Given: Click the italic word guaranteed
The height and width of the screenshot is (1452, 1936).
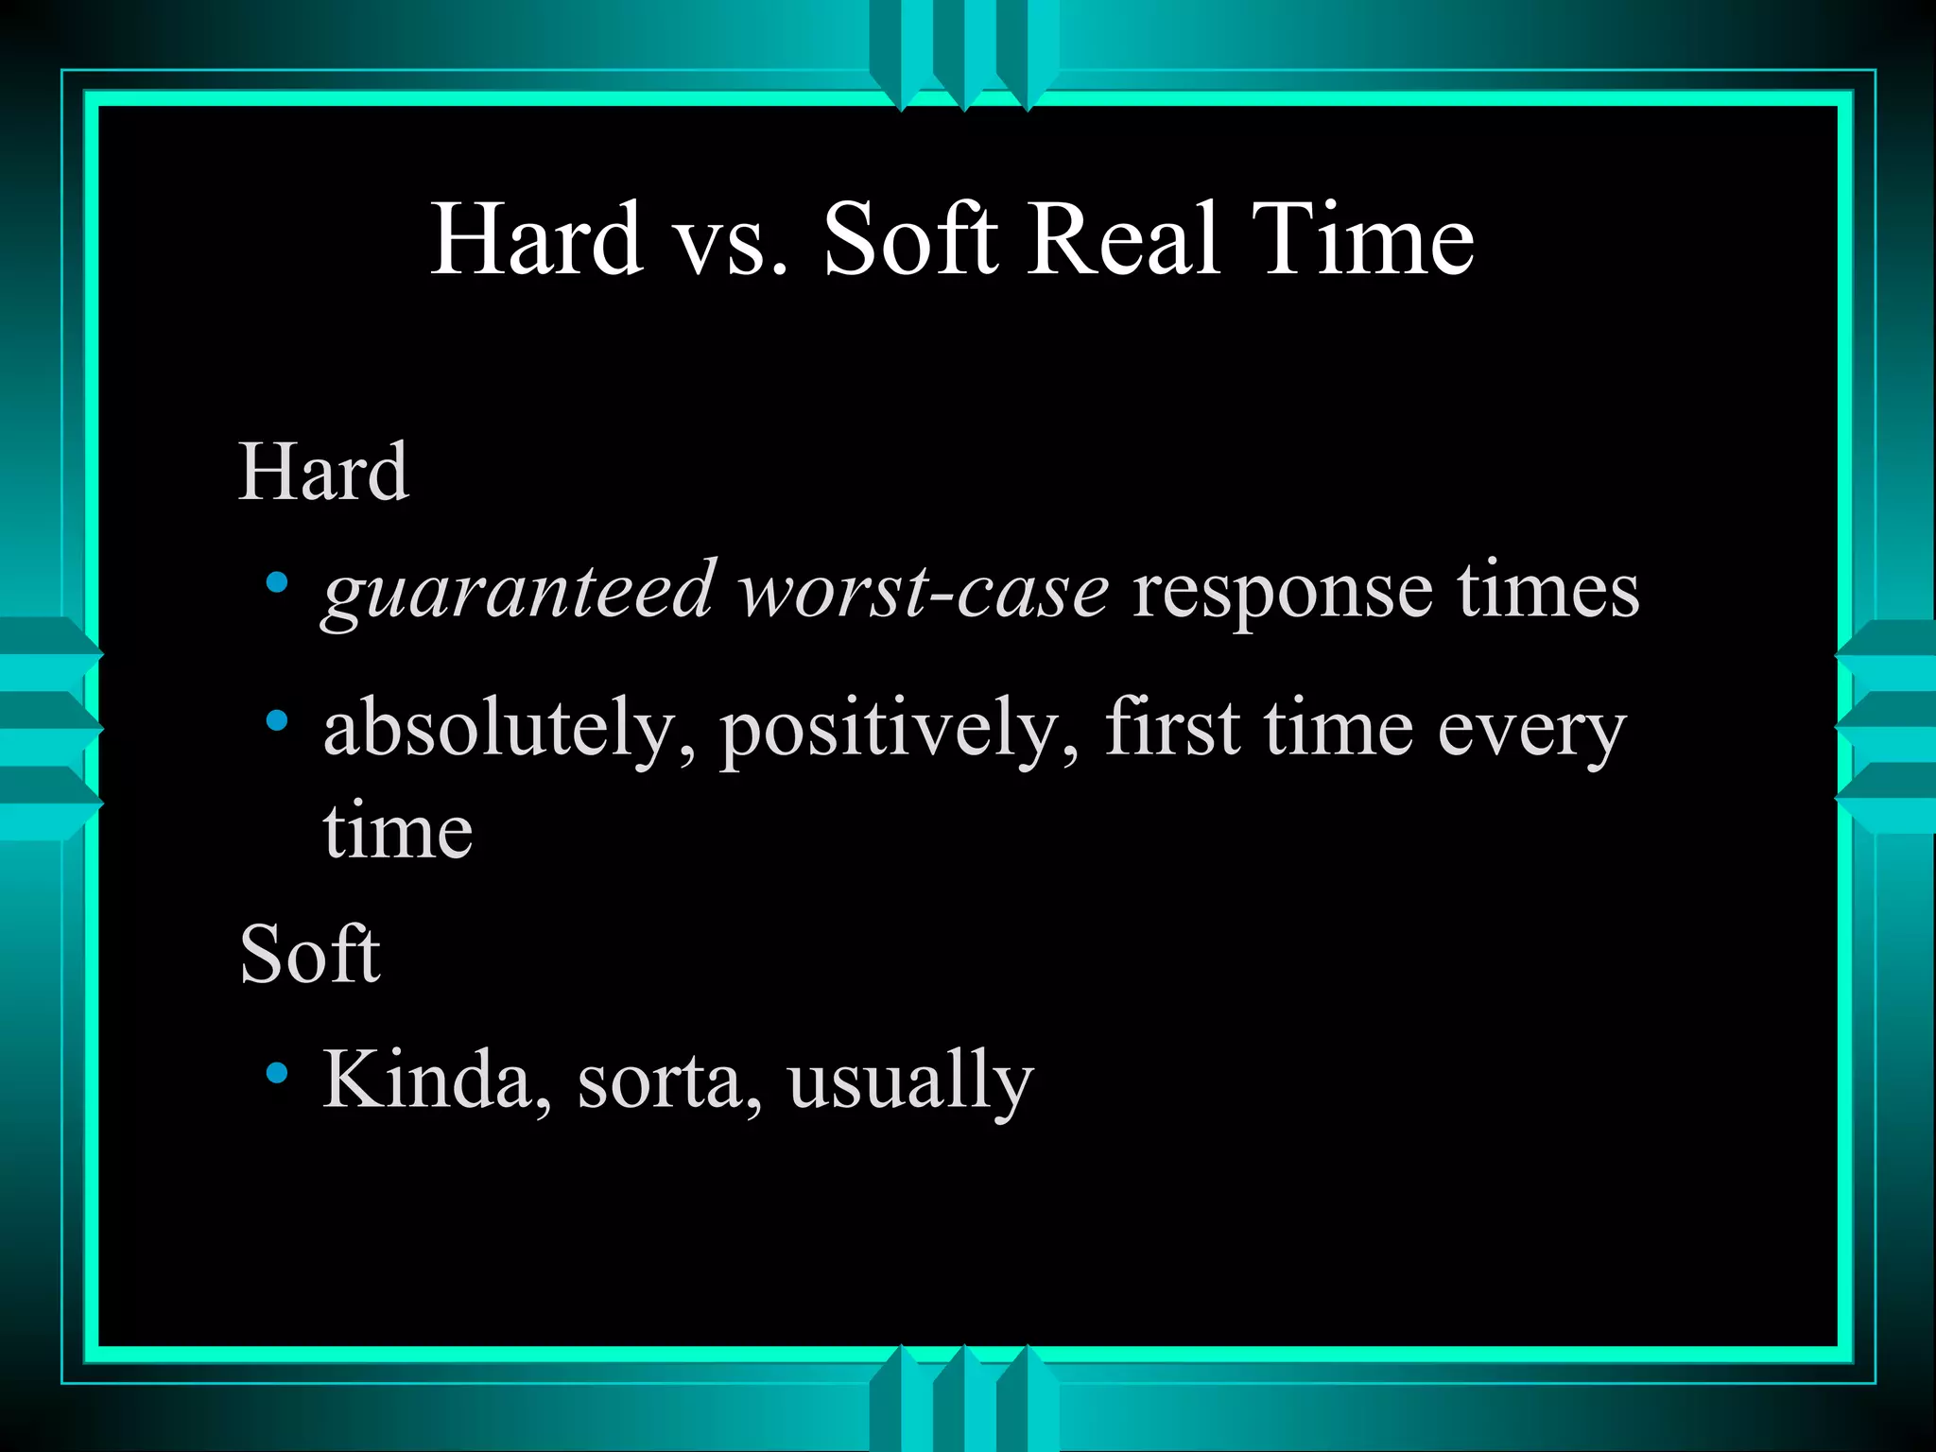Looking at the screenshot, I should pos(518,592).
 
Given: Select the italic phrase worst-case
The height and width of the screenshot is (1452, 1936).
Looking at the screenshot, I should pos(924,592).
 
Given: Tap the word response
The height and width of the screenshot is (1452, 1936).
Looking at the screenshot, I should pos(1282,594).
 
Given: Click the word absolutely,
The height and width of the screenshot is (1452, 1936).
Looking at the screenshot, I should pos(510,730).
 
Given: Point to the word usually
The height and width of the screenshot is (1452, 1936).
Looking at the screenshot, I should pos(910,1080).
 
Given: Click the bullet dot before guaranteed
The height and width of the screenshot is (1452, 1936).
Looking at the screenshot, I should pos(277,583).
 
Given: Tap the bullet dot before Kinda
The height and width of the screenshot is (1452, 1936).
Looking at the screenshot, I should pos(277,1072).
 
